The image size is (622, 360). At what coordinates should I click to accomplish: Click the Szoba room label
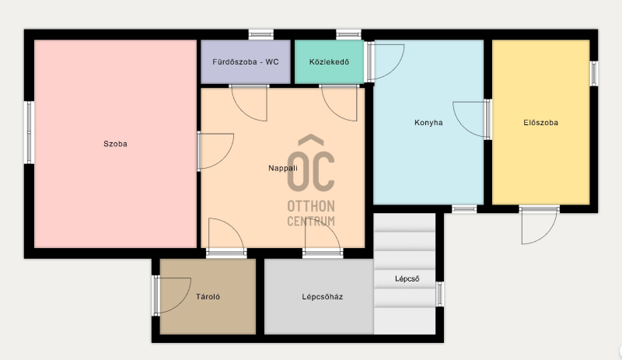click(115, 144)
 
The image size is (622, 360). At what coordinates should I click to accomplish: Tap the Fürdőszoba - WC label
click(246, 62)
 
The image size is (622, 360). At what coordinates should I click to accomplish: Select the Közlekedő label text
click(329, 62)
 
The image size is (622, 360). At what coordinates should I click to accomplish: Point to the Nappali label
click(283, 168)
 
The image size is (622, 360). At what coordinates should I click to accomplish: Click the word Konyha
click(428, 123)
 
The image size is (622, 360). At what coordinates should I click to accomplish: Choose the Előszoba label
click(540, 123)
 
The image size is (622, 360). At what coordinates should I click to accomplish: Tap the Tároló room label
click(208, 296)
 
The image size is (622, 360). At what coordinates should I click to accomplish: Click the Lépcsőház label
click(323, 296)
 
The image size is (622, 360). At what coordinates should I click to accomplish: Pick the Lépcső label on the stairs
click(407, 278)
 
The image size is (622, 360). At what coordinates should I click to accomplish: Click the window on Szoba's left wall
click(29, 132)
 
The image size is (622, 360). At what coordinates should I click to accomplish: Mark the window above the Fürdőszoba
click(261, 34)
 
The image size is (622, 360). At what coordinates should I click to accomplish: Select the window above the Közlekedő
click(348, 34)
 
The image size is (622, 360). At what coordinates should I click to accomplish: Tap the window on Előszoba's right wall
click(594, 73)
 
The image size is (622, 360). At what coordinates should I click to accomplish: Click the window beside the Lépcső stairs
click(439, 294)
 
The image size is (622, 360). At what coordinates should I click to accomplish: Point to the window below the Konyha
click(464, 209)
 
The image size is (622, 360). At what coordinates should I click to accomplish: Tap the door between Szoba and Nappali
click(215, 151)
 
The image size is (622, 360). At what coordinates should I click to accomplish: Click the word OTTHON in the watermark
click(311, 206)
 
